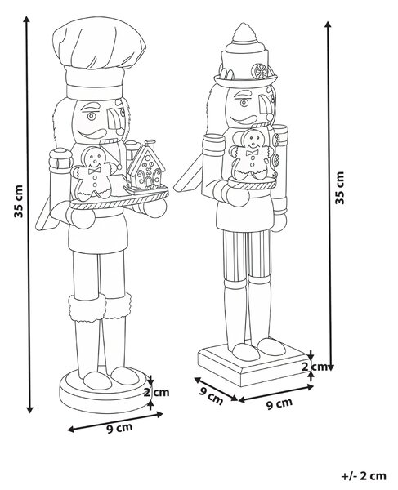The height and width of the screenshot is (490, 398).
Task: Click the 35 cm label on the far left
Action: pyautogui.click(x=19, y=201)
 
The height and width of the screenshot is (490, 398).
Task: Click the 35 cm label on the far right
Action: pyautogui.click(x=339, y=188)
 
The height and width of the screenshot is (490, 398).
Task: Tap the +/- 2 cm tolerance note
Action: pyautogui.click(x=364, y=476)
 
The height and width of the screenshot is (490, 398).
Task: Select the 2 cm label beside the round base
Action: pyautogui.click(x=156, y=392)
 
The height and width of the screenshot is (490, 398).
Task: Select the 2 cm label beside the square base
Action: pyautogui.click(x=314, y=366)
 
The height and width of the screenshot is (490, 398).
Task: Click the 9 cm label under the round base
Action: pyautogui.click(x=120, y=428)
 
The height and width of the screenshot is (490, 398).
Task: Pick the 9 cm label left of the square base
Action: pyautogui.click(x=212, y=396)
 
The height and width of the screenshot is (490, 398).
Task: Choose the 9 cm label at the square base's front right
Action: pyautogui.click(x=279, y=403)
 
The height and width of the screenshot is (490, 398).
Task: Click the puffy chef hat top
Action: pyautogui.click(x=100, y=45)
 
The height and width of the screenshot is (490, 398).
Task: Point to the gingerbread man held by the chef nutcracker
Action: pyautogui.click(x=95, y=173)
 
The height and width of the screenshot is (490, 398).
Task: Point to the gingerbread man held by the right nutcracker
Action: pyautogui.click(x=252, y=154)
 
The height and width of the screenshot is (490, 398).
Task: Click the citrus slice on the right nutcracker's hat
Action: pyautogui.click(x=261, y=71)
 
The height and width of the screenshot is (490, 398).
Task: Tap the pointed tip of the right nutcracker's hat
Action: pyautogui.click(x=242, y=24)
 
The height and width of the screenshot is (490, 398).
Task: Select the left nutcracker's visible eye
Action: pyautogui.click(x=92, y=116)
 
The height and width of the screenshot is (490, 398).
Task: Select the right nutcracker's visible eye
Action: pyautogui.click(x=244, y=102)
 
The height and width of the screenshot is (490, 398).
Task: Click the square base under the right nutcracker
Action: pyautogui.click(x=253, y=364)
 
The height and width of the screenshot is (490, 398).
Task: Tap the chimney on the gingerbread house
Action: pyautogui.click(x=150, y=145)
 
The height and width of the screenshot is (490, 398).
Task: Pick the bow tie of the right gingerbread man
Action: pyautogui.click(x=252, y=153)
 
